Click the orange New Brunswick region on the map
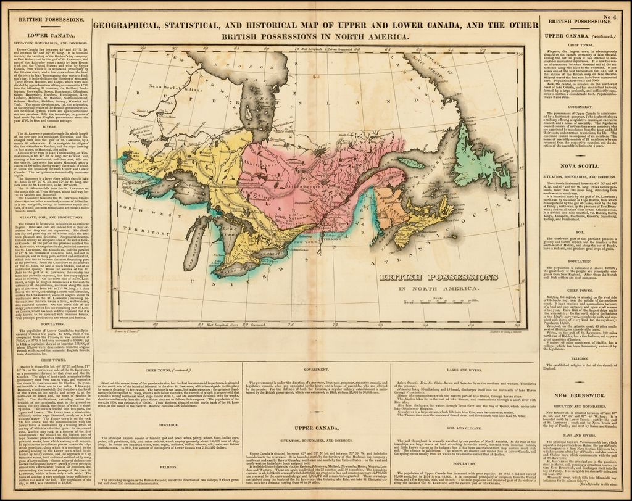coord(398,210)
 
